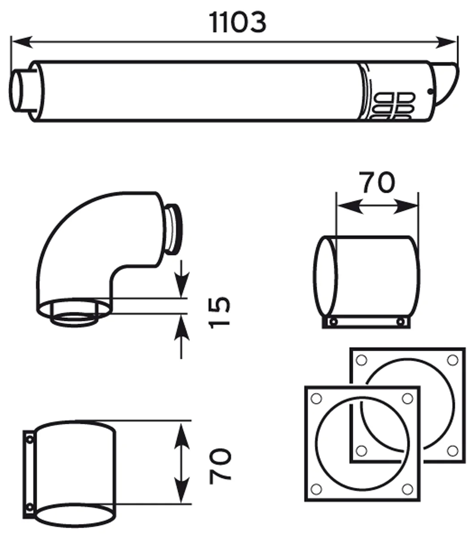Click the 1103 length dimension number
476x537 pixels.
238,23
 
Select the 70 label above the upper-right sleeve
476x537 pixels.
377,183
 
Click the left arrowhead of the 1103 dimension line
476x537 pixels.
22,42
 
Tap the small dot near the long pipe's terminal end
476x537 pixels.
430,92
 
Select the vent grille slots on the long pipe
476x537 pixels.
393,107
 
